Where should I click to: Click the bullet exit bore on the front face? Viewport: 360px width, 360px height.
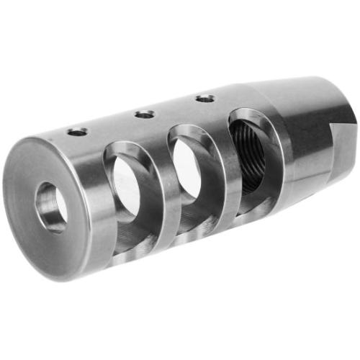pos(52,207)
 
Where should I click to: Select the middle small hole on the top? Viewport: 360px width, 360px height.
pos(145,114)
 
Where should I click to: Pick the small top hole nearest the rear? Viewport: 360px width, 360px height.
pos(205,97)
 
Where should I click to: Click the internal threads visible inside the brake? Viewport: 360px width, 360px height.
pos(253,155)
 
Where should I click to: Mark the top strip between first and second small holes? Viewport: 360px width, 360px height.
pos(112,123)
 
